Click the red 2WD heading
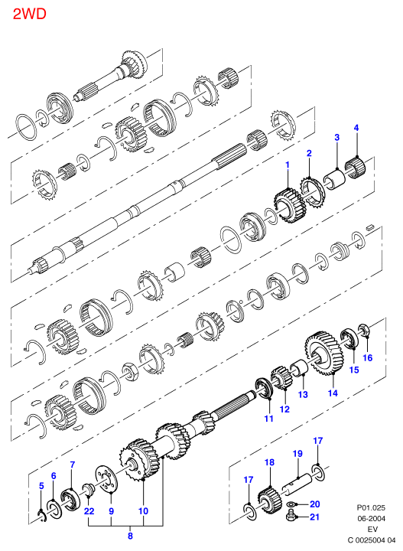click(30, 15)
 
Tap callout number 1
click(288, 165)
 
